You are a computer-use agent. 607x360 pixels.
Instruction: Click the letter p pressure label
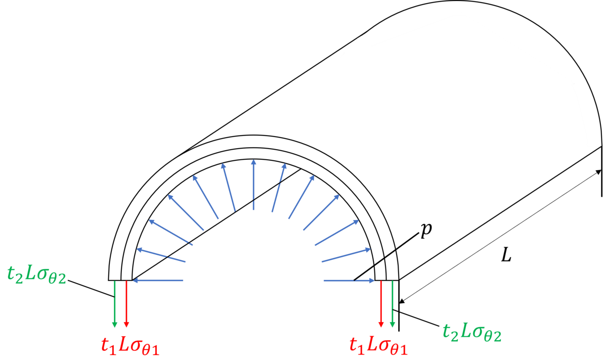pos(426,230)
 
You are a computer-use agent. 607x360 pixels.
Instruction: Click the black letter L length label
pos(506,255)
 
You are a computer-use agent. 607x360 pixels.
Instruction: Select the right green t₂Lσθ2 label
pos(472,332)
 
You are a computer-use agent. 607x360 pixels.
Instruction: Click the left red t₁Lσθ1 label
pos(130,346)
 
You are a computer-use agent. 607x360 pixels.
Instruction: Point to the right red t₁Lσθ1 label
pos(378,346)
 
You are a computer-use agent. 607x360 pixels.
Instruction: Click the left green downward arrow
pos(115,304)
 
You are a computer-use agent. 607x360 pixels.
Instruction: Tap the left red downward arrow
pos(126,304)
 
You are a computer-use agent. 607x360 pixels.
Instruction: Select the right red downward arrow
pos(381,304)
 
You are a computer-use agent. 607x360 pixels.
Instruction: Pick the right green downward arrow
pos(393,304)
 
